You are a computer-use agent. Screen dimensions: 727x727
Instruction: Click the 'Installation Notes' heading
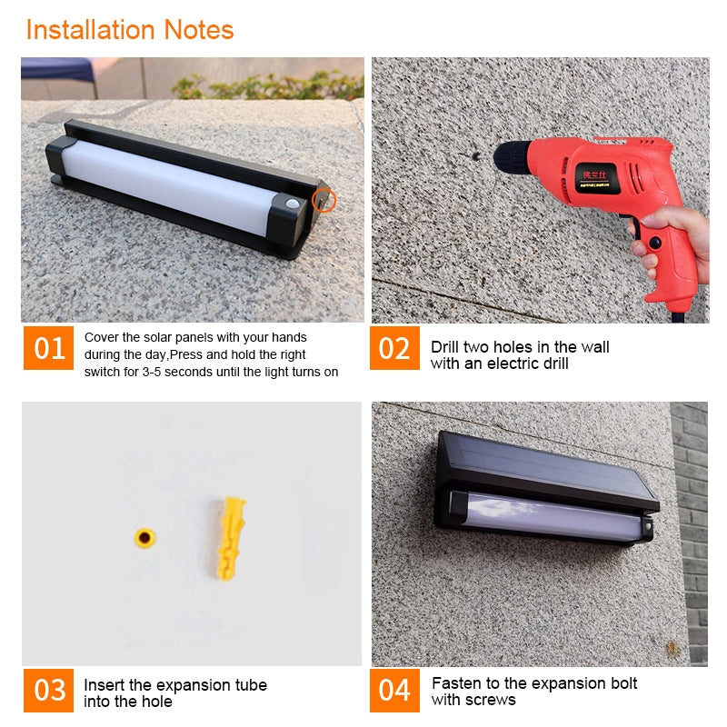click(130, 30)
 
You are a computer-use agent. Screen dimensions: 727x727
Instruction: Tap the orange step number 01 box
click(49, 348)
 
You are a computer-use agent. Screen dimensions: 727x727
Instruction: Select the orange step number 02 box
click(394, 348)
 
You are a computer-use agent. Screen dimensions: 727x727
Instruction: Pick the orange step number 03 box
click(49, 690)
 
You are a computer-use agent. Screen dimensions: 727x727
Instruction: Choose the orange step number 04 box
click(394, 690)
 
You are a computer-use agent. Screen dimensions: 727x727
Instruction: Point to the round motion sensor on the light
click(292, 204)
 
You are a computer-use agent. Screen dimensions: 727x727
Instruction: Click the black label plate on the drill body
click(597, 178)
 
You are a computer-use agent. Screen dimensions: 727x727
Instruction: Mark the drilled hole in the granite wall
click(475, 156)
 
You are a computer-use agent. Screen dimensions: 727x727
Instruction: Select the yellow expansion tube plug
click(232, 538)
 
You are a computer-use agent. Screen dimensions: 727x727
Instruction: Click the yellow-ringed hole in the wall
click(144, 538)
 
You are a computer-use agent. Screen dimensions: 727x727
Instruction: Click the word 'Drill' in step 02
click(445, 347)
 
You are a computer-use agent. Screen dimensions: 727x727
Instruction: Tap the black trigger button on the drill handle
click(654, 242)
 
